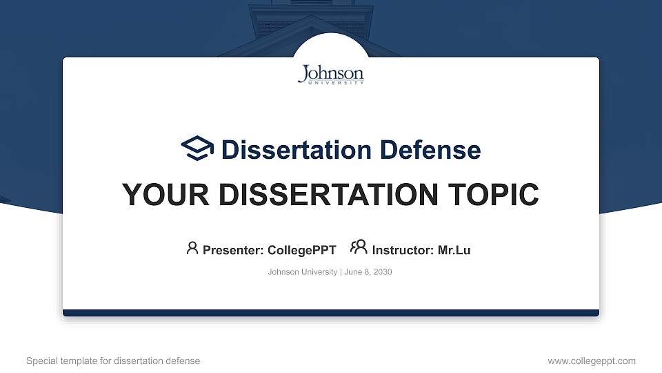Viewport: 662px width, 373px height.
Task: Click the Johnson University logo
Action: [x=331, y=75]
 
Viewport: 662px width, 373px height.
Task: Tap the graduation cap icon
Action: [x=198, y=149]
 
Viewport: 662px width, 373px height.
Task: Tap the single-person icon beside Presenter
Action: [x=192, y=248]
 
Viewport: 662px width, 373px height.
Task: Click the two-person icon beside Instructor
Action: [x=359, y=248]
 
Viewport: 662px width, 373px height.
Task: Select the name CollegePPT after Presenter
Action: [x=302, y=250]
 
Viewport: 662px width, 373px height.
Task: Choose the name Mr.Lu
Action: [x=454, y=250]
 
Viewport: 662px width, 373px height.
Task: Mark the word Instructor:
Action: [x=403, y=250]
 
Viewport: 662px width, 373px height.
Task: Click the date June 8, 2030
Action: [x=368, y=272]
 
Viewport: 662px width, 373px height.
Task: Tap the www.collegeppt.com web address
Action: [x=592, y=361]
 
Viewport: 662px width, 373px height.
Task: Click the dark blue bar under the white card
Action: [x=331, y=313]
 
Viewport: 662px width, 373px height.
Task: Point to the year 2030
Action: [x=382, y=272]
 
